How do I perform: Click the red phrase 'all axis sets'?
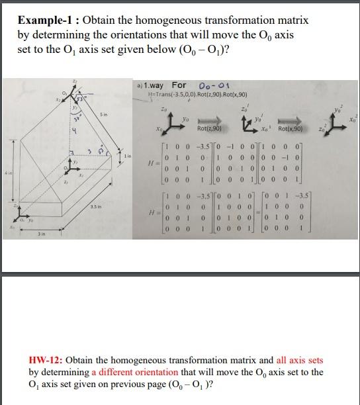pyautogui.click(x=294, y=361)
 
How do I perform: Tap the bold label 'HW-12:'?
pyautogui.click(x=48, y=361)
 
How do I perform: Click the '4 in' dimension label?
pyautogui.click(x=8, y=174)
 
